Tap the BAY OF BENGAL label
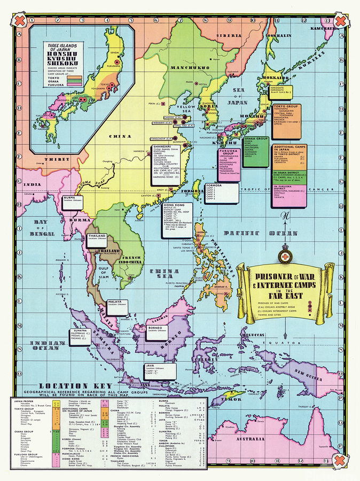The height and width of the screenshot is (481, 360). (42, 228)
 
